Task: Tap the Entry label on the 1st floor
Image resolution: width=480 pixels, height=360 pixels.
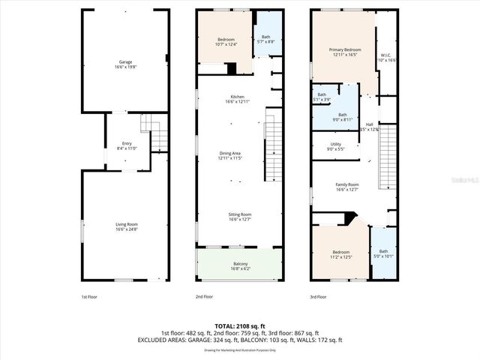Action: [126, 145]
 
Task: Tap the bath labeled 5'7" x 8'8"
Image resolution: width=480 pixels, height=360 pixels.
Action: [265, 39]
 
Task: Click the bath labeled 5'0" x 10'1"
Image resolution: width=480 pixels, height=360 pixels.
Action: [383, 253]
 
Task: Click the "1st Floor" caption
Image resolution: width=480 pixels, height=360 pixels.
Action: [89, 296]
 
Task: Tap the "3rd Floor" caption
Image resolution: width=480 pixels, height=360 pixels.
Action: [318, 296]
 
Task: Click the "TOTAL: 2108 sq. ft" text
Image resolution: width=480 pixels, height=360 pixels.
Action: [239, 326]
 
